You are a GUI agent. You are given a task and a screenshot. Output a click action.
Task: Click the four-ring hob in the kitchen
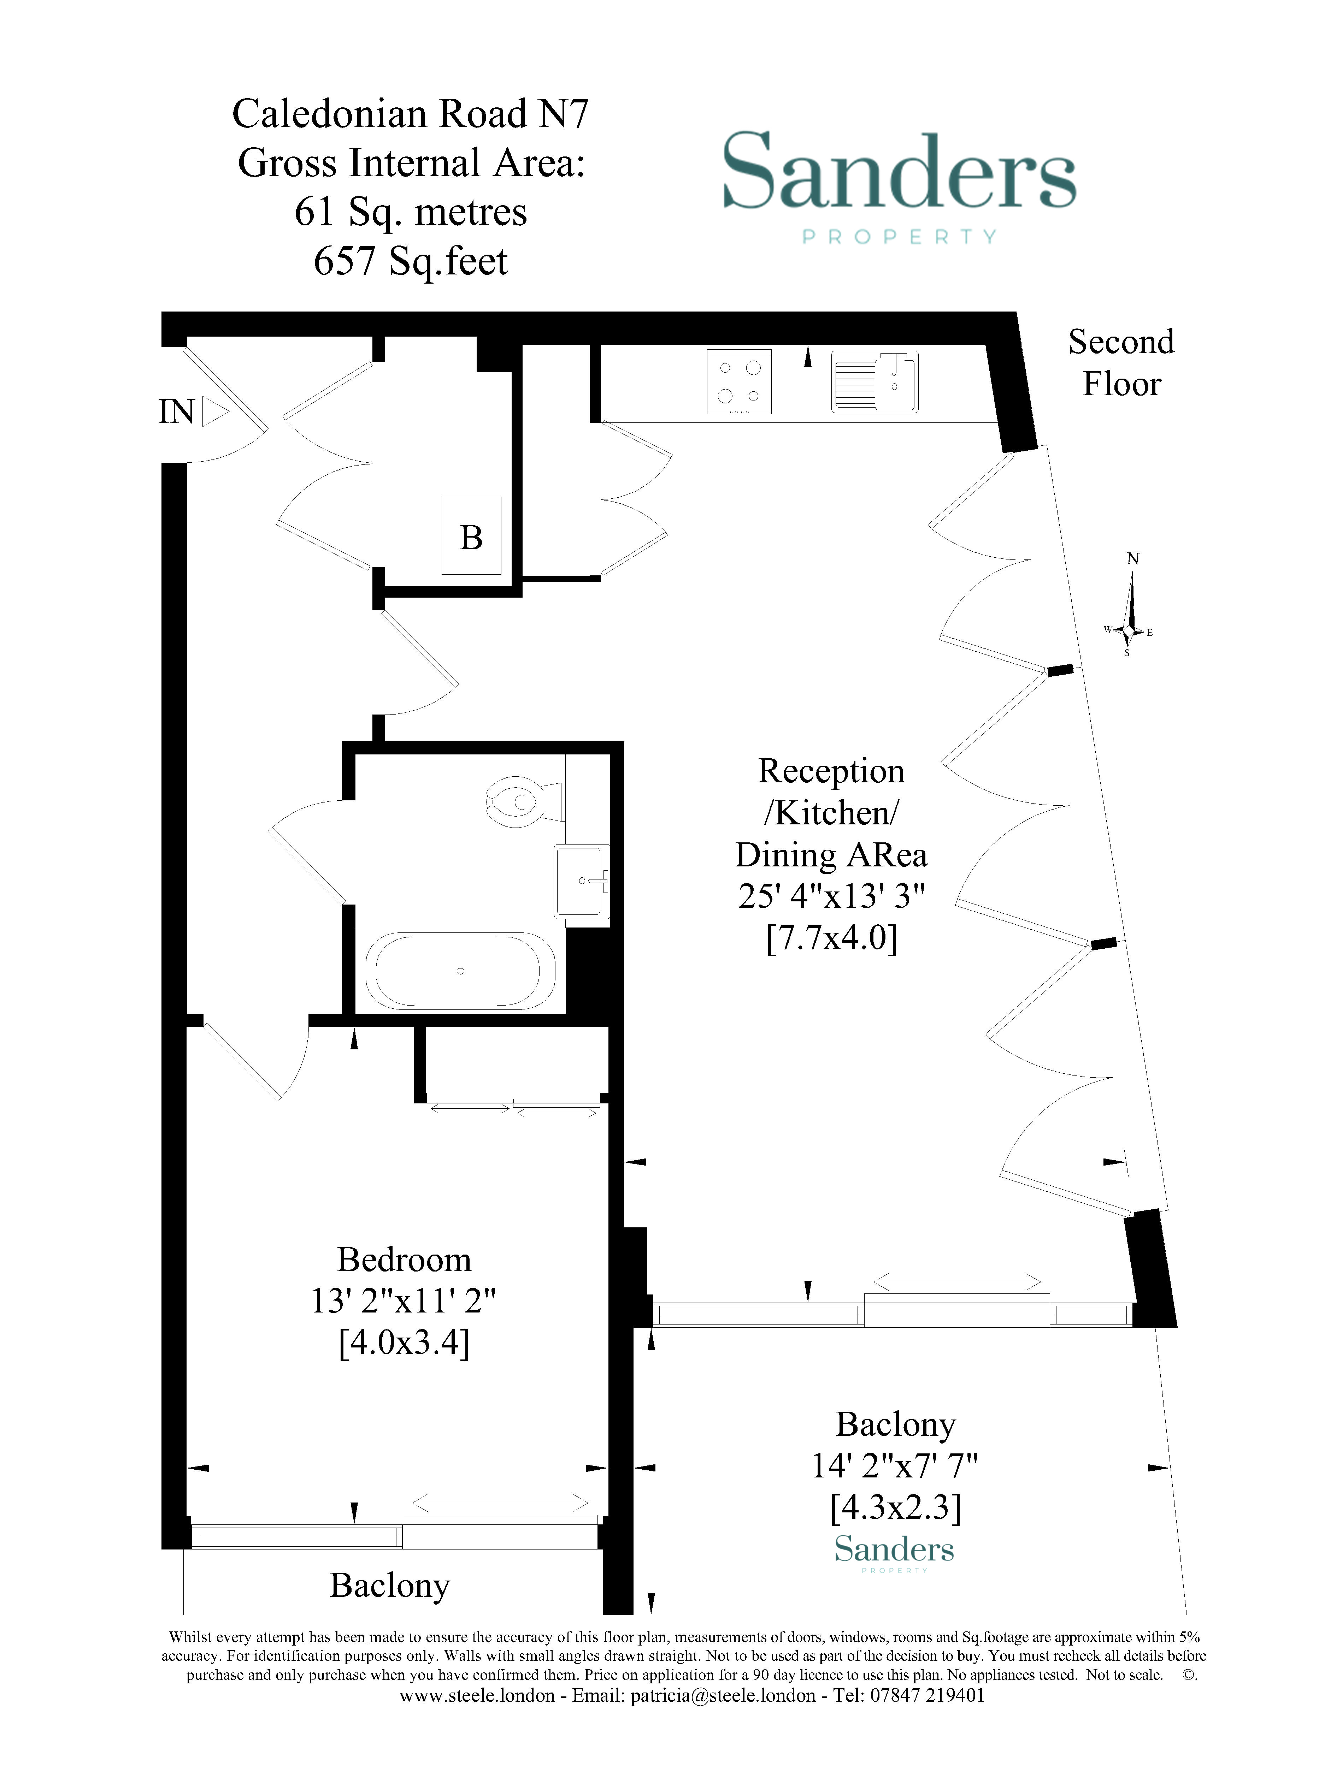739,381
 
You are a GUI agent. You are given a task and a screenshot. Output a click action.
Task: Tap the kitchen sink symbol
874,381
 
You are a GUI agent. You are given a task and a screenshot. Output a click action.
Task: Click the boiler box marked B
471,536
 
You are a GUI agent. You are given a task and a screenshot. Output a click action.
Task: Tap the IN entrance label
176,412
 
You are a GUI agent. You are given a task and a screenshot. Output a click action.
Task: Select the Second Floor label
1121,363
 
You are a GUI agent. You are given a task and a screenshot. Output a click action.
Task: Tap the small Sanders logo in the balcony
894,1549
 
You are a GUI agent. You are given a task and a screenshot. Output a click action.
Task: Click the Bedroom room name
404,1260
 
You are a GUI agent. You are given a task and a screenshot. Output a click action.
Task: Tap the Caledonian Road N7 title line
411,113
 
